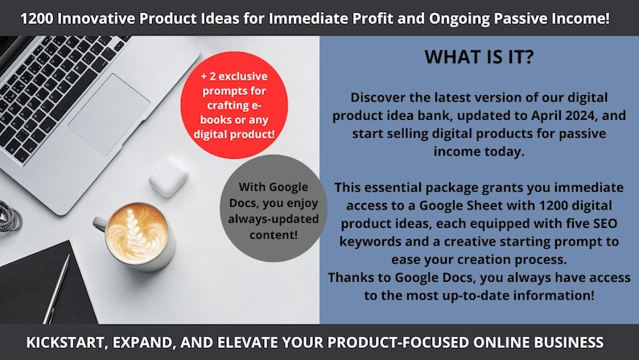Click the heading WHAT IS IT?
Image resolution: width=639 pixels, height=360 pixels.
pyautogui.click(x=479, y=56)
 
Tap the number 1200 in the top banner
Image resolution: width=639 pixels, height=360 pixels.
pyautogui.click(x=37, y=19)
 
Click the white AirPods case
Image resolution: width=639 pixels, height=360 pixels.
pyautogui.click(x=168, y=177)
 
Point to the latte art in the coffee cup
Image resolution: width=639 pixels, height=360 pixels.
pyautogui.click(x=137, y=233)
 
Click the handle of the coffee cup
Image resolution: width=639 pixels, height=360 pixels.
pyautogui.click(x=100, y=223)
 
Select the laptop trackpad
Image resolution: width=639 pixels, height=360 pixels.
pyautogui.click(x=109, y=114)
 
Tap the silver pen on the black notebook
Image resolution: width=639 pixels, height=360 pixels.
pyautogui.click(x=56, y=289)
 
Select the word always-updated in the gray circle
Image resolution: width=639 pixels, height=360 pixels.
pyautogui.click(x=274, y=219)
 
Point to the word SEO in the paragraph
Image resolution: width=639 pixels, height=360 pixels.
pyautogui.click(x=605, y=223)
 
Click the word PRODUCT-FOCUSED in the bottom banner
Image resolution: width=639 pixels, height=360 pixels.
pyautogui.click(x=398, y=342)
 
